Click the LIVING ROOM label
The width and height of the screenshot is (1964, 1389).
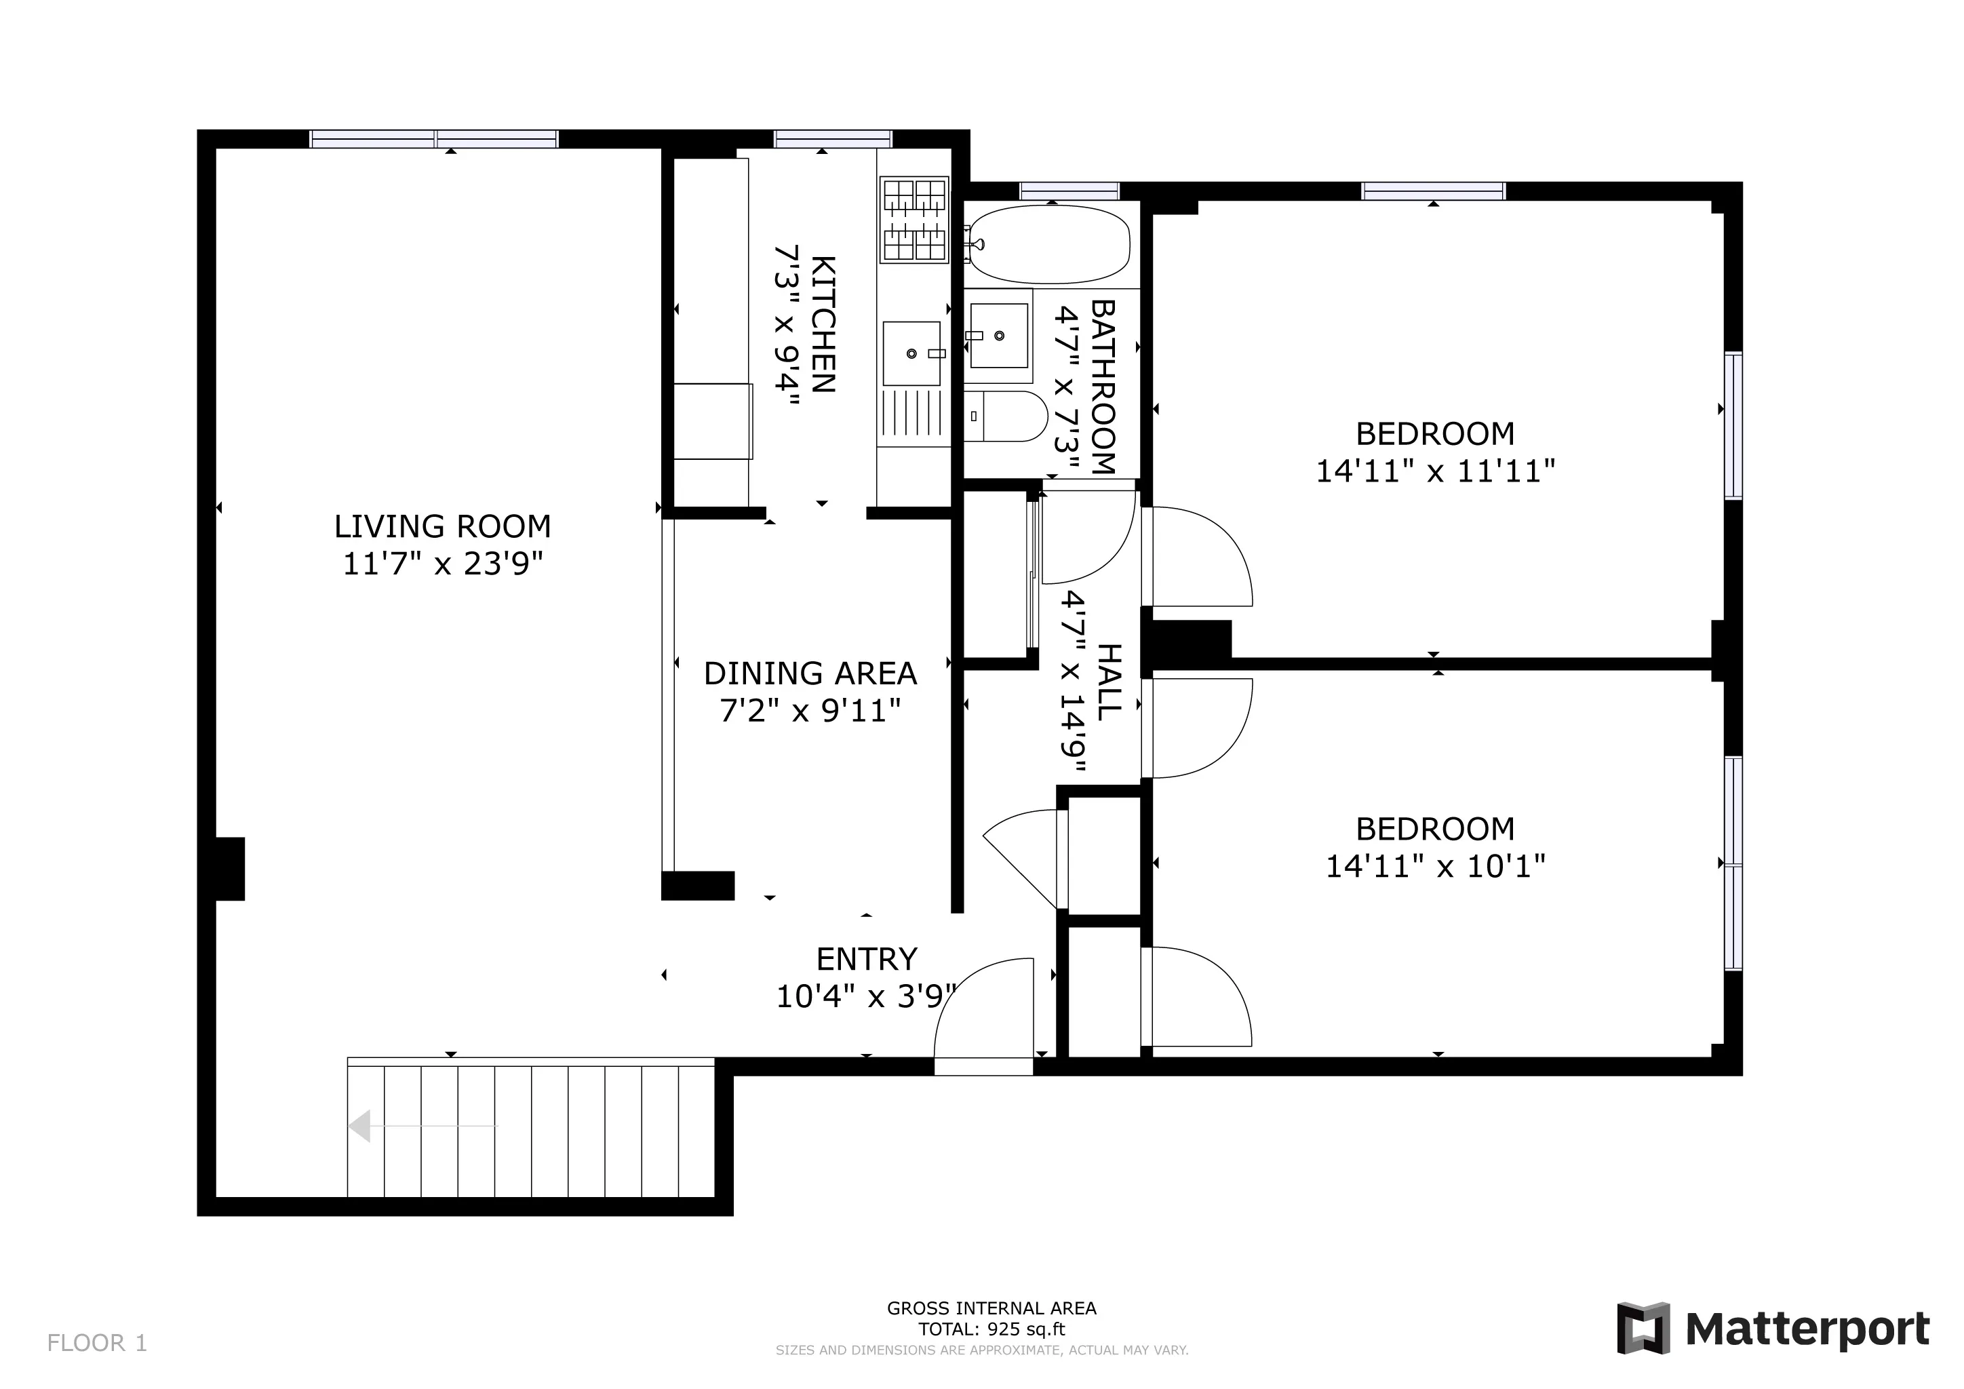click(442, 526)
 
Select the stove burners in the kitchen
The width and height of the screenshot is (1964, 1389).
click(914, 219)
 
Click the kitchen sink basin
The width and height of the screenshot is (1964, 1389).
click(911, 353)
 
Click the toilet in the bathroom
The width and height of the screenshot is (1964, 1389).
click(1008, 416)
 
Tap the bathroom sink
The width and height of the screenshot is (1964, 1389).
click(998, 335)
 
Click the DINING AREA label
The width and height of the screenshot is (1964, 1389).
click(809, 674)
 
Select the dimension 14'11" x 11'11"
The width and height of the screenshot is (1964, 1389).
click(1434, 471)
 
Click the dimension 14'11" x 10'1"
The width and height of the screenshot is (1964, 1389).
click(1434, 866)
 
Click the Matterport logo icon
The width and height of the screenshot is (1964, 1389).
click(1643, 1328)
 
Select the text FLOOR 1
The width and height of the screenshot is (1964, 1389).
click(97, 1343)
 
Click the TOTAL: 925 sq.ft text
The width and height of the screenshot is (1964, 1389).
click(991, 1329)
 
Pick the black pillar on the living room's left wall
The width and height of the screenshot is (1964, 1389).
click(229, 868)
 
